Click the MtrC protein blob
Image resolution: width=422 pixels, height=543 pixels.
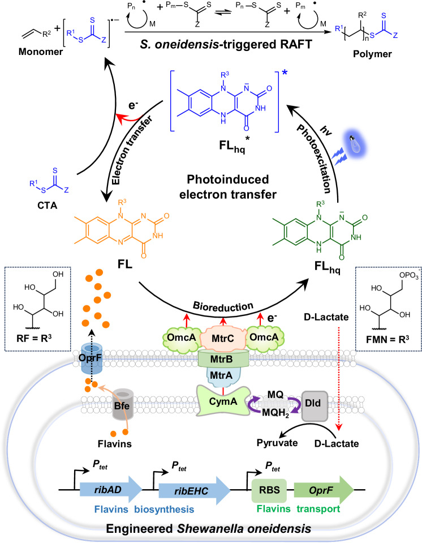coord(223,338)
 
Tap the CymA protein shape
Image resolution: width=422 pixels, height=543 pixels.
coord(223,401)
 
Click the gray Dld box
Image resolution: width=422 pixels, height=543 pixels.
coord(313,404)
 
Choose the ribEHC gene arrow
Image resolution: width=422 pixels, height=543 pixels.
coord(194,490)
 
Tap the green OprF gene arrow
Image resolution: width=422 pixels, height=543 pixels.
coord(324,490)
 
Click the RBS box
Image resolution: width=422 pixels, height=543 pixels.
coord(269,490)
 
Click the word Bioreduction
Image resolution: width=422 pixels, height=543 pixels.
coord(223,306)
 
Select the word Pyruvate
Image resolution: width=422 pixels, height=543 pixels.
coord(277,443)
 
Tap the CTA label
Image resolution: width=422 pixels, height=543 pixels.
coord(47,206)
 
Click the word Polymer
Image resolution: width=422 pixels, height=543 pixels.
coord(372,54)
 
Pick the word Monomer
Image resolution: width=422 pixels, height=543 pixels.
coord(41,52)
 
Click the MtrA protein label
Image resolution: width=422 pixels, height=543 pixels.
coord(221,375)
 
